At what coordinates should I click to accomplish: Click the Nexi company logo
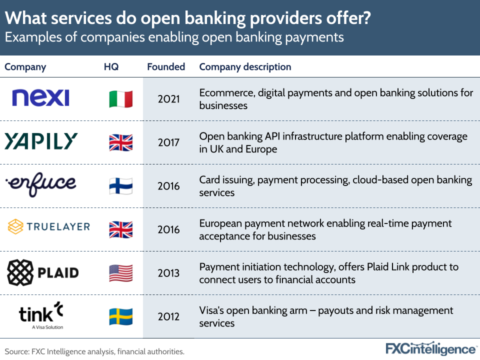point(40,98)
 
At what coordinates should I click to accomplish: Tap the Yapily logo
point(41,141)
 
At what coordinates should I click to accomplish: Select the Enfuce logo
point(41,184)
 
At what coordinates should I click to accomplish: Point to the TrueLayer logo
point(49,227)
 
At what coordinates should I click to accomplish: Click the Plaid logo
point(43,272)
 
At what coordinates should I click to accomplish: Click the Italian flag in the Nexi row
point(121,99)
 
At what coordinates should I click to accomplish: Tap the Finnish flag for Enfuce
point(121,186)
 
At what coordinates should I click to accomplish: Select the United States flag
point(121,273)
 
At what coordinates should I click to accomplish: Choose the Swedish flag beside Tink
point(121,316)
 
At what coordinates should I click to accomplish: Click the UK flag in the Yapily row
point(121,142)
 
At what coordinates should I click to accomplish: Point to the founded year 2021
point(168,99)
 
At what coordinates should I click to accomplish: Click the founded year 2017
point(168,142)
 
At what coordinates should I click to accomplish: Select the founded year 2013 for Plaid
point(168,273)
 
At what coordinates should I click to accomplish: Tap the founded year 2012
point(168,316)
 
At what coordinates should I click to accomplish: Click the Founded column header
point(166,66)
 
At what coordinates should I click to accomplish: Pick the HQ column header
point(111,66)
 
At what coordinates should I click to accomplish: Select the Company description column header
point(245,66)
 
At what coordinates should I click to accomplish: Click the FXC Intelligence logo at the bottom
point(431,348)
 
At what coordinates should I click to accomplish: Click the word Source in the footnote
point(16,351)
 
